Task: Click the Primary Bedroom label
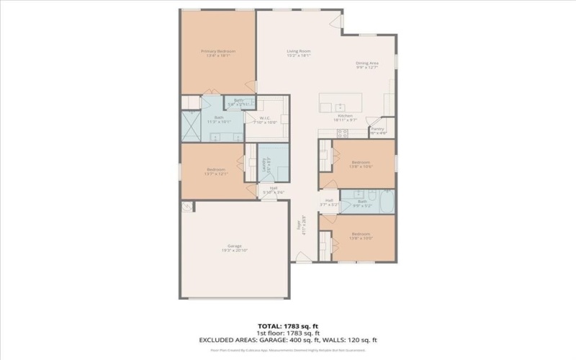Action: [218, 51]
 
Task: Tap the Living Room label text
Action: [299, 51]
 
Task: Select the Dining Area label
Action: [367, 63]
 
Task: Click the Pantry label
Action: [378, 130]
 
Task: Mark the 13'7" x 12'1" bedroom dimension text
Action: [216, 174]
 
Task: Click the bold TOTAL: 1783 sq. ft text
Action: [288, 325]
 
